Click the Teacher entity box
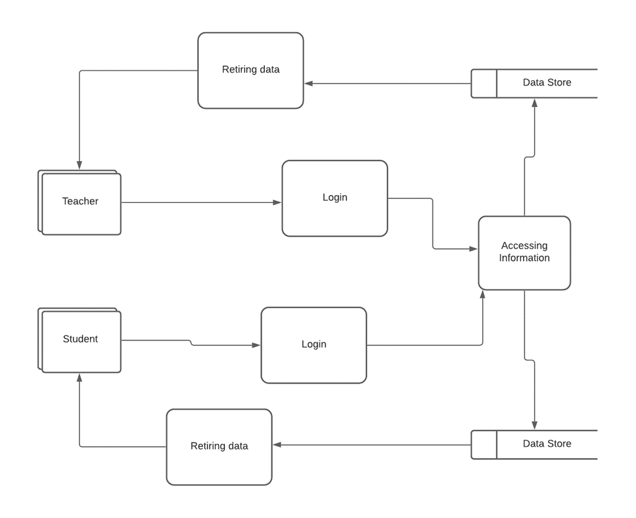point(80,202)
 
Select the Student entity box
point(80,340)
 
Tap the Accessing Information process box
point(524,252)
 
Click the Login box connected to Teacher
point(335,198)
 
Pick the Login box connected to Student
point(314,344)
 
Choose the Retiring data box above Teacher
point(250,70)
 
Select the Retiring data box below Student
point(219,447)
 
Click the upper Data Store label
point(547,83)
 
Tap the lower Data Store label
point(547,444)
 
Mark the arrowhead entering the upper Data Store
point(535,103)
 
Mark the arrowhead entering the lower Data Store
point(535,425)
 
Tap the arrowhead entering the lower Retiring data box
point(277,445)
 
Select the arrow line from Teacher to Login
point(196,202)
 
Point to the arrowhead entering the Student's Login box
point(256,345)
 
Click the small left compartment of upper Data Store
point(484,84)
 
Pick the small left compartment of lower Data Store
point(484,444)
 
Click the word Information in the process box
point(524,258)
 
